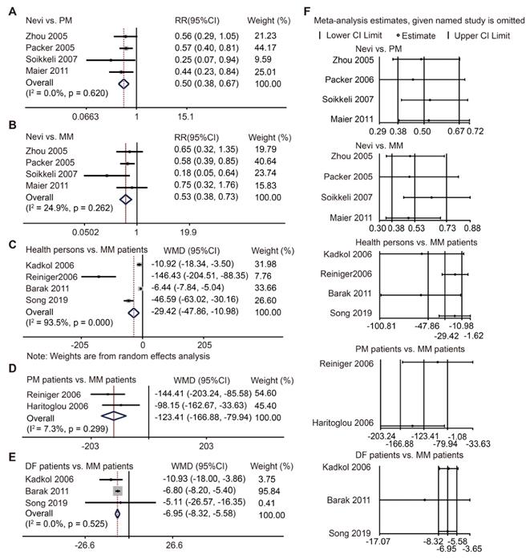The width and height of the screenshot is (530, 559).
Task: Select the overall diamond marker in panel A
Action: click(123, 83)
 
